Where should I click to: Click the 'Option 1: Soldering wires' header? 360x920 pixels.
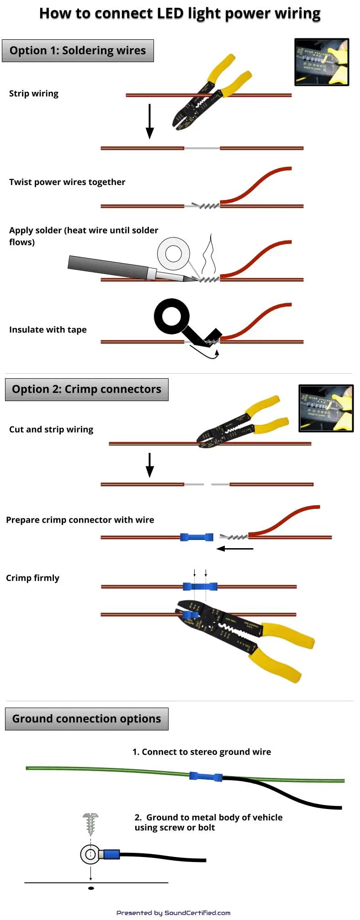tap(78, 51)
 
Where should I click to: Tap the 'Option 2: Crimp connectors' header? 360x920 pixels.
tap(86, 390)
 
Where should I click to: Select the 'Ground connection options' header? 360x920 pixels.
tap(86, 719)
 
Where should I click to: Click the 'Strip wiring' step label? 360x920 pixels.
tap(34, 94)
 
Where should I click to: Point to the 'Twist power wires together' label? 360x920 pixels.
tap(67, 182)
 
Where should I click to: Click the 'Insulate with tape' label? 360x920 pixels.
tap(48, 330)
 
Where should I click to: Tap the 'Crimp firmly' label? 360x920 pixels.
tap(33, 578)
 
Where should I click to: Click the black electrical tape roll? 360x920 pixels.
tap(172, 317)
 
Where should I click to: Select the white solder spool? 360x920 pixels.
tap(174, 254)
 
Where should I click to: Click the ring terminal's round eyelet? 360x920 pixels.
tap(90, 854)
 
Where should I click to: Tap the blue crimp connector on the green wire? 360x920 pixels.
tap(206, 776)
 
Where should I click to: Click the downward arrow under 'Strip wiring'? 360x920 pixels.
tap(149, 122)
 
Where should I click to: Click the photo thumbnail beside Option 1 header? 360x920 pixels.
tap(322, 62)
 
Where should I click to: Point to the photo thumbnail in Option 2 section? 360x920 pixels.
tap(326, 408)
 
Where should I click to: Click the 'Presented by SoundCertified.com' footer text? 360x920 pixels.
tap(173, 913)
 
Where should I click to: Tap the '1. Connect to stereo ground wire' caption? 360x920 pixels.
tap(201, 752)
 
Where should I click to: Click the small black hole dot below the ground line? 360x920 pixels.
tap(91, 888)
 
